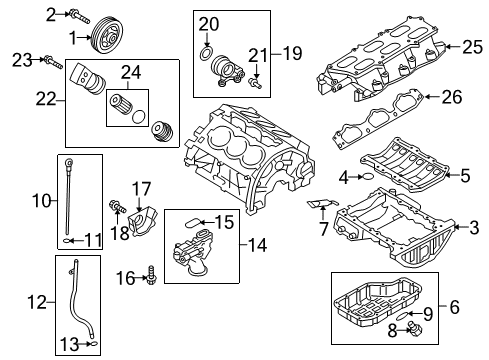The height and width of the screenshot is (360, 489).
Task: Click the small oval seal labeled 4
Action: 367,177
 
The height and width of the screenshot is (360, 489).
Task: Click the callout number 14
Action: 260,242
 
